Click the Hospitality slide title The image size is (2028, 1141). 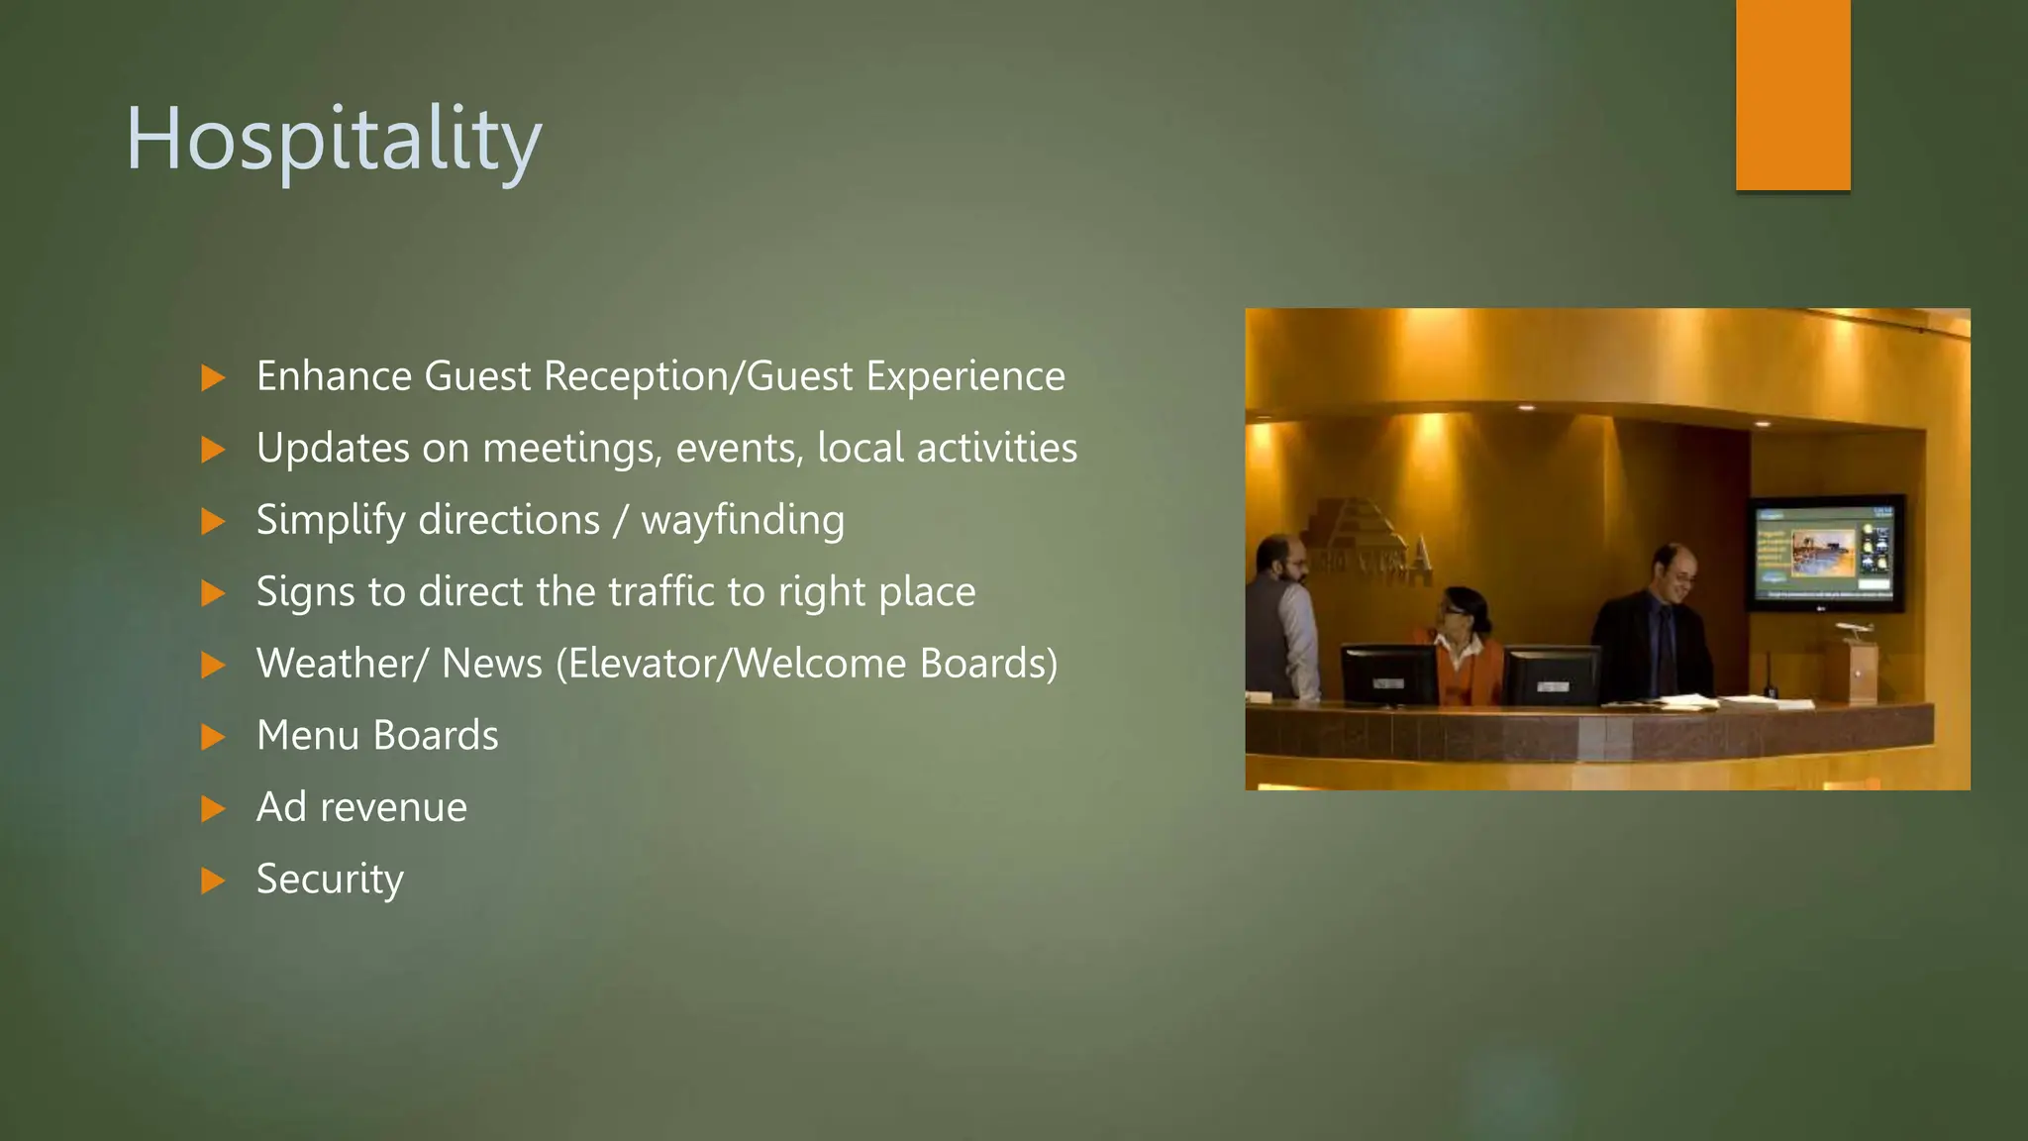click(334, 140)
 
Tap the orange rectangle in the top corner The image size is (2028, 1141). click(1792, 94)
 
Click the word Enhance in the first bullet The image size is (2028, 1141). click(334, 376)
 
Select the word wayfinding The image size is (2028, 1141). click(743, 521)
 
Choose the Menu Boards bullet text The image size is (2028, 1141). click(377, 736)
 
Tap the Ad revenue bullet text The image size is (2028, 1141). click(361, 807)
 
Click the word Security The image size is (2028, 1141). click(330, 880)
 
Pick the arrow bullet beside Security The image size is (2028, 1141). click(213, 881)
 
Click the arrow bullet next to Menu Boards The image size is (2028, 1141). click(213, 737)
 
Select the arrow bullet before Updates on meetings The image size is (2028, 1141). click(213, 450)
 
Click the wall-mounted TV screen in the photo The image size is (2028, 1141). click(1825, 553)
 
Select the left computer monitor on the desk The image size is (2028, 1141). click(1388, 675)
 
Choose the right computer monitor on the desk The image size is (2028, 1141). click(1551, 676)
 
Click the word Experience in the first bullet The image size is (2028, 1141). click(965, 376)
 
